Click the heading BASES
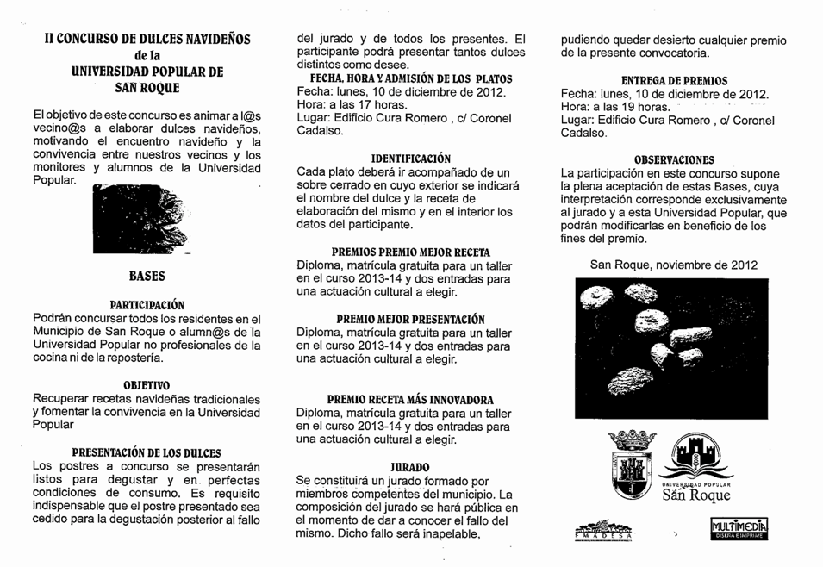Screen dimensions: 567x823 [x=147, y=277]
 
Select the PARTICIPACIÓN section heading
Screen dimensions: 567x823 [x=147, y=305]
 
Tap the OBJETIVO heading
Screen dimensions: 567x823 [x=146, y=384]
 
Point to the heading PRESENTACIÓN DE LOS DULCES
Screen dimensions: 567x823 [x=147, y=452]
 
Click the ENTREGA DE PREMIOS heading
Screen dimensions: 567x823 [x=674, y=80]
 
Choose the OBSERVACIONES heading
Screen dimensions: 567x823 [x=674, y=160]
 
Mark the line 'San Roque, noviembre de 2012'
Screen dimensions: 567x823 [x=674, y=265]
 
